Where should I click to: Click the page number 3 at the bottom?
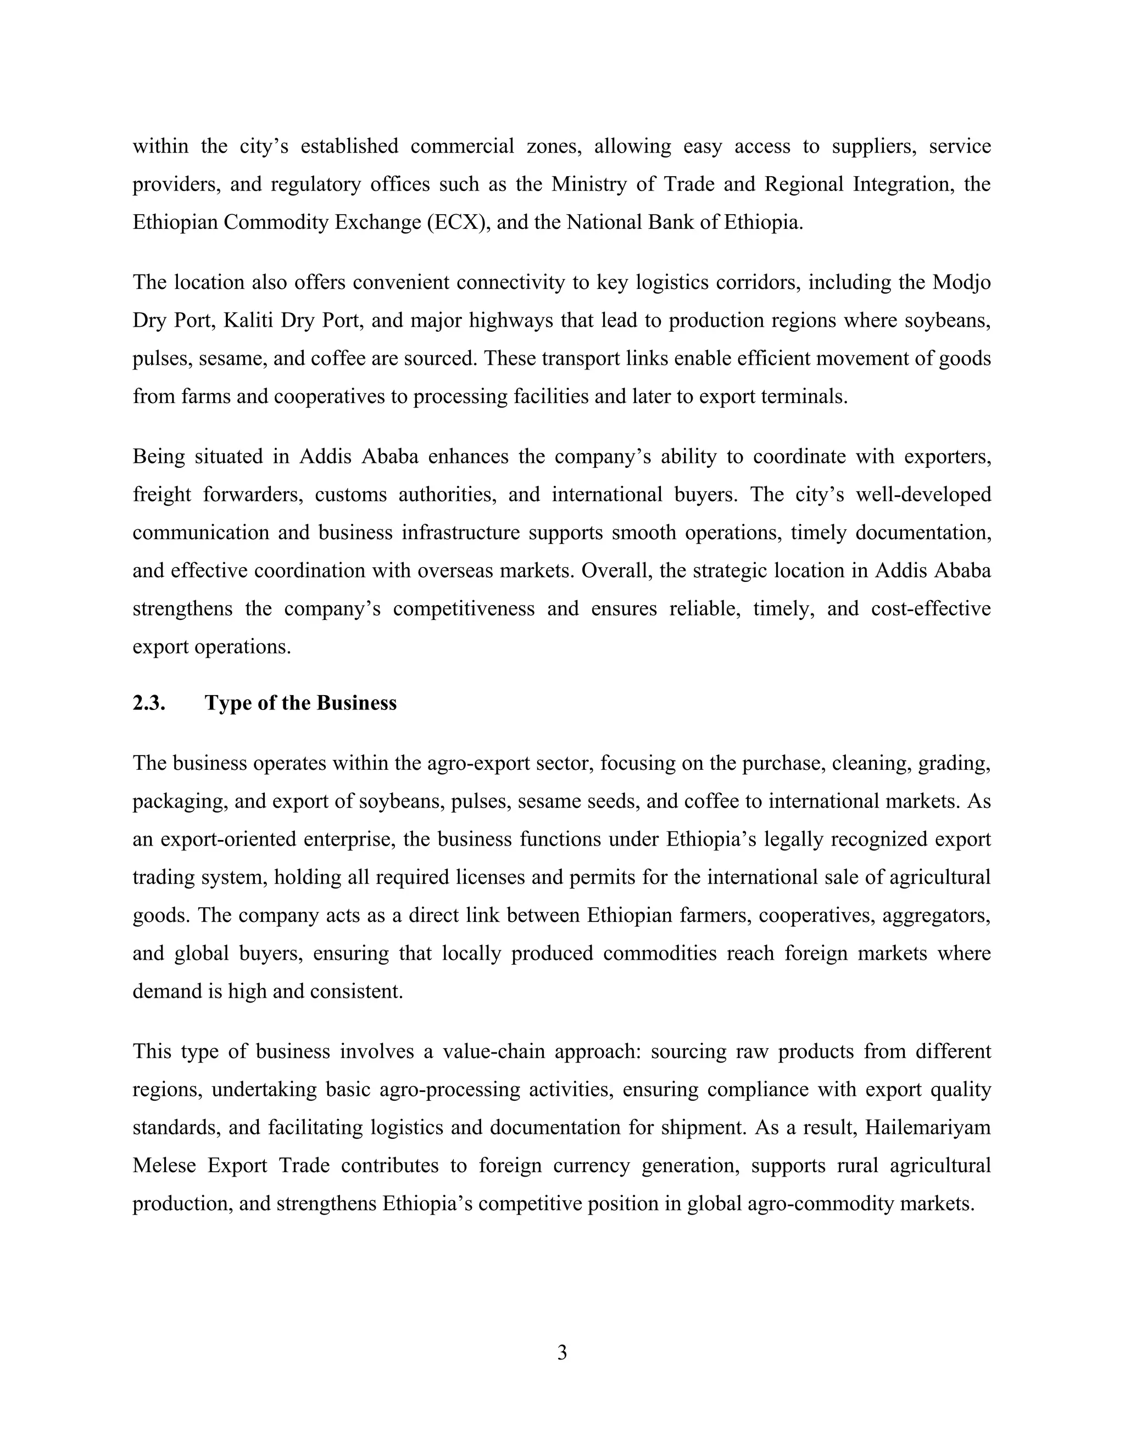coord(562,1352)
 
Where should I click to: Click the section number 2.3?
coord(149,703)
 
